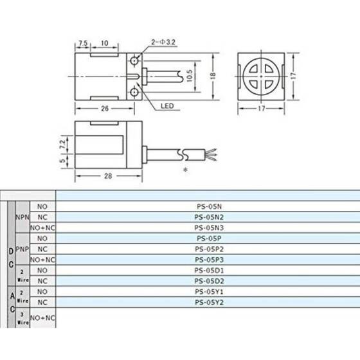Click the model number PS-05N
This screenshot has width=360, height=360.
coord(208,207)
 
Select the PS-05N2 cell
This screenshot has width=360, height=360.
coord(208,217)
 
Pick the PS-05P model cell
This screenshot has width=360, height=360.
coord(208,237)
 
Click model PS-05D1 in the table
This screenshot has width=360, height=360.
coord(208,269)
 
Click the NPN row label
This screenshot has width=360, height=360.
coord(22,217)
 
